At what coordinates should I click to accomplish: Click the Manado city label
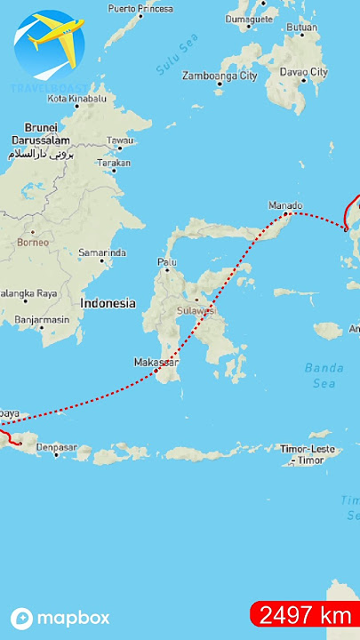(x=285, y=205)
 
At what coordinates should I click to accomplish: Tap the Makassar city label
(x=156, y=363)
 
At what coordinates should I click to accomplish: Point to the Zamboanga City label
(x=220, y=76)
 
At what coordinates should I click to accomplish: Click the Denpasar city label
(x=58, y=447)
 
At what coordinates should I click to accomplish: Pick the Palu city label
(x=167, y=262)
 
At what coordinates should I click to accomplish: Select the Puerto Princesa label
(x=140, y=8)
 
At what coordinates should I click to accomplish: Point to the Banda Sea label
(x=324, y=375)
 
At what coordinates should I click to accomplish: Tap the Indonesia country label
(x=108, y=303)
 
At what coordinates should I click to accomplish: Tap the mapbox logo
(x=60, y=618)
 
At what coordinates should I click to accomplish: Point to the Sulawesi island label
(x=195, y=311)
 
